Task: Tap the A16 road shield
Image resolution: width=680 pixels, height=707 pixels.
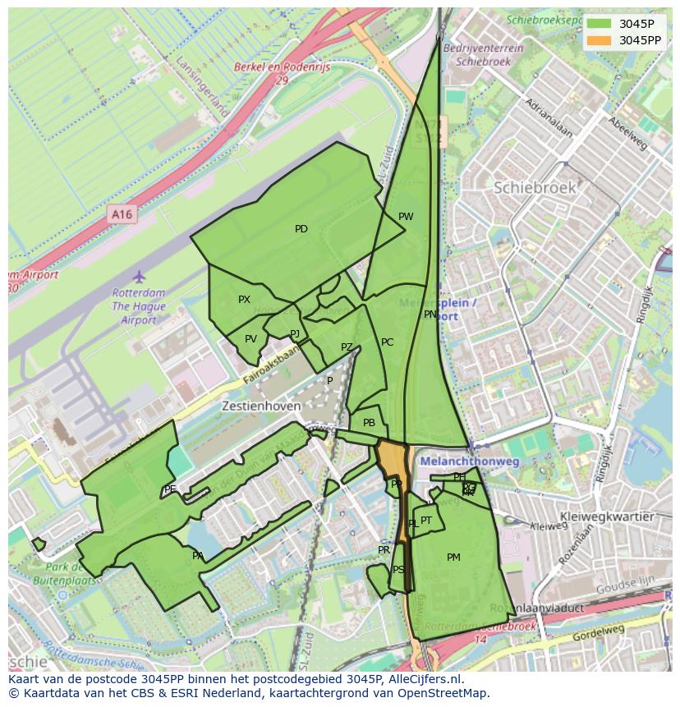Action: pos(122,215)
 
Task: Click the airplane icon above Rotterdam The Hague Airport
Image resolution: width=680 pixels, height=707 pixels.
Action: pos(139,276)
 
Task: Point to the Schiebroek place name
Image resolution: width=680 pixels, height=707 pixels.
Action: pos(535,187)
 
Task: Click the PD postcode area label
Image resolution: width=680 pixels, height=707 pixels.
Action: pos(301,229)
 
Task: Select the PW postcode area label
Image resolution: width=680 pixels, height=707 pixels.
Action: pos(406,217)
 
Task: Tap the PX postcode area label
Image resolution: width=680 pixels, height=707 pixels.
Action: pos(244,300)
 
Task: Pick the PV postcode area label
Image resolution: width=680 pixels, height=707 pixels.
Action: pos(250,339)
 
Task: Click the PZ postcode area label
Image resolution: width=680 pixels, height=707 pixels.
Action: pos(347,347)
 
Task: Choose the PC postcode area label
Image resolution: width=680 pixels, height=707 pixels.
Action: pos(387,342)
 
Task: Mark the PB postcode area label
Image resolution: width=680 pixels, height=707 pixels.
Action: pos(369,423)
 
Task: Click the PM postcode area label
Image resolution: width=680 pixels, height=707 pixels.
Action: pos(453,558)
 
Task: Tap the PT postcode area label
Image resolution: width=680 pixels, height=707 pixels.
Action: pos(426,521)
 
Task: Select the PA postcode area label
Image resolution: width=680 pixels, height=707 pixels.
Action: pos(198,556)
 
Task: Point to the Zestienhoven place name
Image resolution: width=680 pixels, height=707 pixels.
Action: pos(255,406)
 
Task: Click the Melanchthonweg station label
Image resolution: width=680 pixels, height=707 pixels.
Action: pos(469,462)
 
